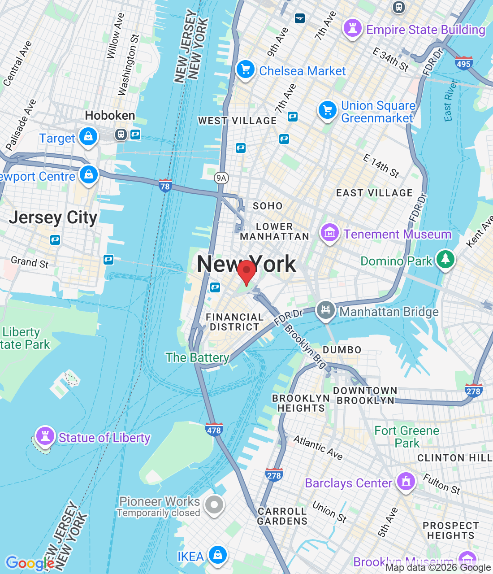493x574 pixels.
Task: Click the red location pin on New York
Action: [x=246, y=272]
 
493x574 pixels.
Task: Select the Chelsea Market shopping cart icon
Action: [x=245, y=70]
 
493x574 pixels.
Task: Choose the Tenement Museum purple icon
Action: [x=329, y=233]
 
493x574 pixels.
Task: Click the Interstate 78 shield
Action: [x=165, y=186]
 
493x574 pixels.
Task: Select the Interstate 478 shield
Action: [x=214, y=430]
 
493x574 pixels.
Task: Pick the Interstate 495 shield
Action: [x=463, y=63]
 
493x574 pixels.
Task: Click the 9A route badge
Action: [x=221, y=178]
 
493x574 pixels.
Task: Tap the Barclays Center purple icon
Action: [x=406, y=482]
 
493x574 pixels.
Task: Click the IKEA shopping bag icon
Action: [x=218, y=555]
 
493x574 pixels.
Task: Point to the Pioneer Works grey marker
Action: [x=214, y=505]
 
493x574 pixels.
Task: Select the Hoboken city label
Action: [x=110, y=116]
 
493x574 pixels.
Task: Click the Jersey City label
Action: [x=53, y=218]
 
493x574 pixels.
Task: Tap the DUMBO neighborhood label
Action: [x=342, y=350]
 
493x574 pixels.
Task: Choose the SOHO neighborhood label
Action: [x=268, y=206]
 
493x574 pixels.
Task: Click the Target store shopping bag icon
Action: [x=88, y=137]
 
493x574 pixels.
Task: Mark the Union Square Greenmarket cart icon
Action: [x=328, y=110]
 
